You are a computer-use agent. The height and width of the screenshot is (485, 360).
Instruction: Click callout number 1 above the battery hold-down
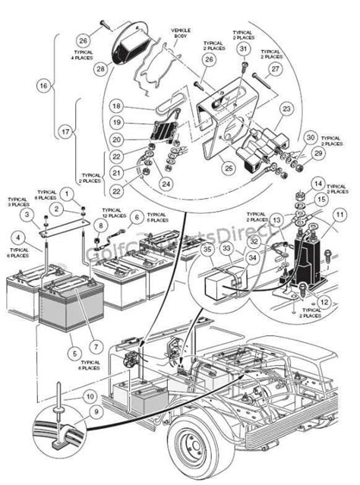(70, 196)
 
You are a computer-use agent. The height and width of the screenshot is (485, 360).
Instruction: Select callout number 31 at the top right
(243, 49)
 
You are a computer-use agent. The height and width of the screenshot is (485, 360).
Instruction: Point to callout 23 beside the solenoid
(286, 109)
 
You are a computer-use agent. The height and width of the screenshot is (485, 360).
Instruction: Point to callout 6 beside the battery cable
(137, 216)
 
